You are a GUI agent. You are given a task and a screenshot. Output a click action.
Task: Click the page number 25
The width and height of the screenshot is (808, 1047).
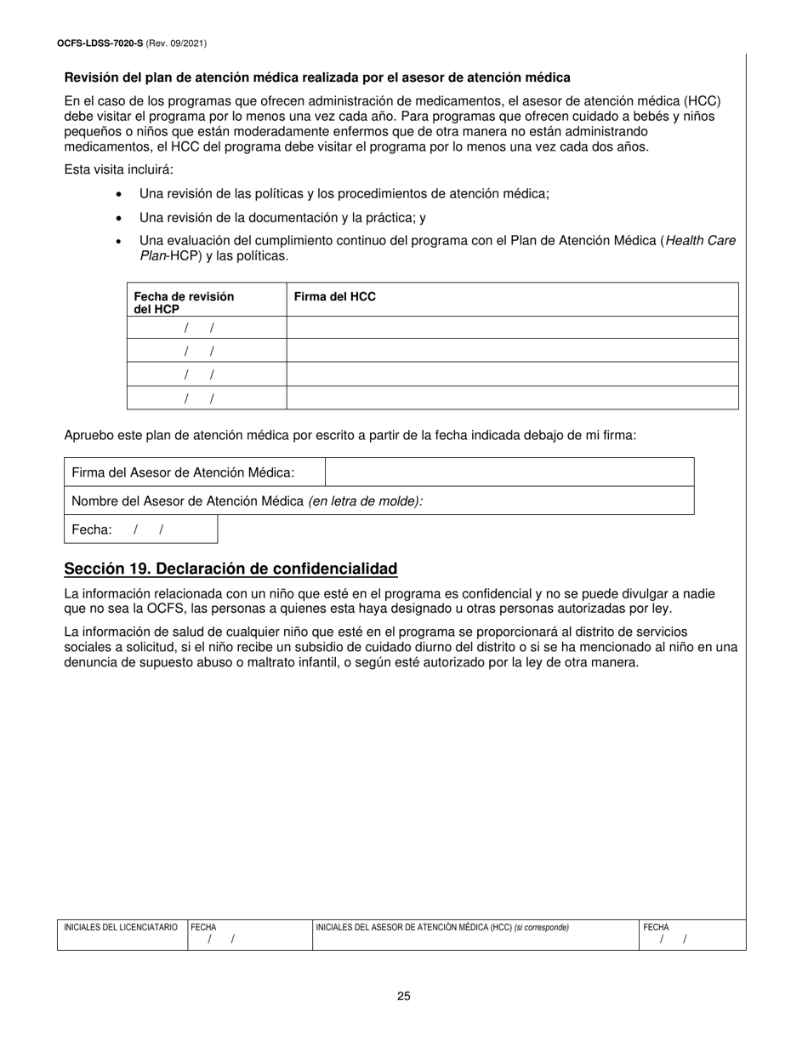click(403, 996)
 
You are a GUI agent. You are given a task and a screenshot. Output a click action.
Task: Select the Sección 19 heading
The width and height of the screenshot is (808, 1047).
click(230, 569)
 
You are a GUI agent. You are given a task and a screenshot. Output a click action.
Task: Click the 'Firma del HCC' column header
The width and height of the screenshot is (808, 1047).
click(334, 297)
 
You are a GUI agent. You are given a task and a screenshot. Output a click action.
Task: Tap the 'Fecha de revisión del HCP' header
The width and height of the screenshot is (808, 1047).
click(184, 302)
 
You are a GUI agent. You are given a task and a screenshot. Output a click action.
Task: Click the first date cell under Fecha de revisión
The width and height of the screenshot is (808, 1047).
click(206, 328)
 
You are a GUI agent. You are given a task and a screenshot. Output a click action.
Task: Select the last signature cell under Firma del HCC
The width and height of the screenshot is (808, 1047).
click(511, 398)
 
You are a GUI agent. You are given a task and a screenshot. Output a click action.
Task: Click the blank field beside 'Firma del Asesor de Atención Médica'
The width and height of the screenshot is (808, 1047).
click(509, 472)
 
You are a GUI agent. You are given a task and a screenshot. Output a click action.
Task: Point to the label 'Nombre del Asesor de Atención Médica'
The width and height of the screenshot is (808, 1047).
click(188, 501)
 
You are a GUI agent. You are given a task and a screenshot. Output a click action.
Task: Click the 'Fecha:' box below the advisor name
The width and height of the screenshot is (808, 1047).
click(140, 529)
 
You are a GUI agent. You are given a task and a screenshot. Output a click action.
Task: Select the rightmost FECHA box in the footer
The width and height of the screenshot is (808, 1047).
click(691, 935)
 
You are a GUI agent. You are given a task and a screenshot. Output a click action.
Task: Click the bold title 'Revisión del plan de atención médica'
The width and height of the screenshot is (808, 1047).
click(317, 77)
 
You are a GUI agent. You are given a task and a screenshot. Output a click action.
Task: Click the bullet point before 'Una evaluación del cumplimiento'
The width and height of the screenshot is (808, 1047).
click(119, 242)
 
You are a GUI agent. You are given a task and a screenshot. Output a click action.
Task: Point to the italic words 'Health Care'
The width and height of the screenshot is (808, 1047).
click(701, 241)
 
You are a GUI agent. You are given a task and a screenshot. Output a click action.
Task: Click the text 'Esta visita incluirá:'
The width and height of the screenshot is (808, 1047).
click(119, 169)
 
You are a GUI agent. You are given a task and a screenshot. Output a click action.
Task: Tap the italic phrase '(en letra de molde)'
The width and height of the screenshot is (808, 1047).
click(366, 501)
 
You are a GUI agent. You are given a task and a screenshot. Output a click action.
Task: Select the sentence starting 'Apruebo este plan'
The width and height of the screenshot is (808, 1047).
click(350, 435)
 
